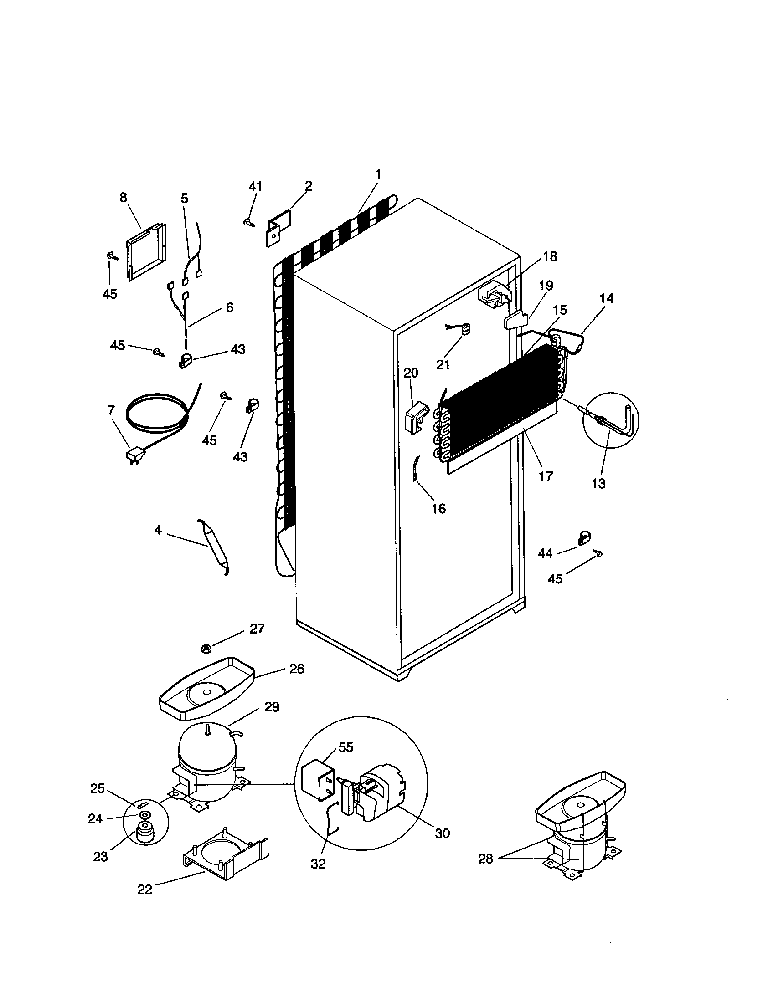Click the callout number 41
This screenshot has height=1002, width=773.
click(x=256, y=187)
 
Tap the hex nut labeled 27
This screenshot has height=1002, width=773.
click(x=206, y=648)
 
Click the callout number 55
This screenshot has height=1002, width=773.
click(x=345, y=747)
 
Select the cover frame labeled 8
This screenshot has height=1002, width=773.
click(x=146, y=251)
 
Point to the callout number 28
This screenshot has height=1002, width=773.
click(x=485, y=859)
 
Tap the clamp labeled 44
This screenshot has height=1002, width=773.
click(x=583, y=538)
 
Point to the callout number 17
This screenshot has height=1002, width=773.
click(x=546, y=476)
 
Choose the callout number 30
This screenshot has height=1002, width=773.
click(x=442, y=833)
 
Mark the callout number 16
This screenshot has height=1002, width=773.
click(x=438, y=508)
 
